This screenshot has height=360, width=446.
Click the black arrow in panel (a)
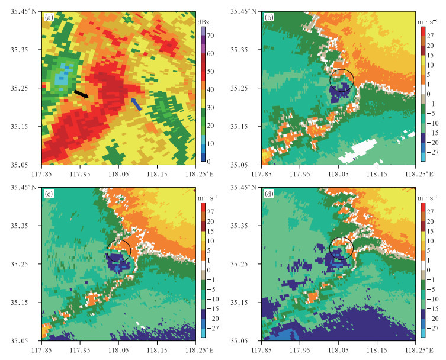pyautogui.click(x=81, y=94)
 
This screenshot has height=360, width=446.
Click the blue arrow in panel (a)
pyautogui.click(x=136, y=104)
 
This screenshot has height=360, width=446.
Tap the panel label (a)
pyautogui.click(x=49, y=17)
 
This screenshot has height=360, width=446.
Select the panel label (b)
pyautogui.click(x=268, y=17)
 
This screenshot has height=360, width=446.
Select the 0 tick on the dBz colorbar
pyautogui.click(x=210, y=161)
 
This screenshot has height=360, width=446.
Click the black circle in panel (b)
pyautogui.click(x=341, y=79)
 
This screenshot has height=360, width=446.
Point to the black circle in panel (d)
pyautogui.click(x=341, y=247)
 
